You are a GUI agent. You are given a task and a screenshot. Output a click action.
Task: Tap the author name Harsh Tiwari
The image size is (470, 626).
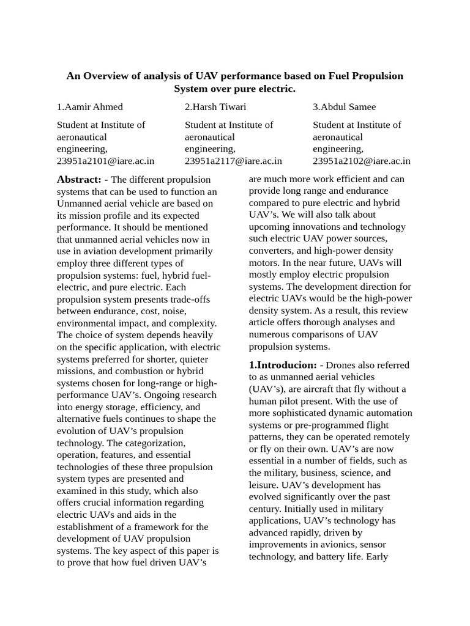pos(215,107)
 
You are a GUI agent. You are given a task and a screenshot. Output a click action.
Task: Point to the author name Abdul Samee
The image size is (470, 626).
pos(344,107)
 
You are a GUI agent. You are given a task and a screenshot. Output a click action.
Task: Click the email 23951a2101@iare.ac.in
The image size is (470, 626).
pos(105,161)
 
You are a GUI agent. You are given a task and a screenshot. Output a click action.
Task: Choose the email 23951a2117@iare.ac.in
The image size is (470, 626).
pos(233,161)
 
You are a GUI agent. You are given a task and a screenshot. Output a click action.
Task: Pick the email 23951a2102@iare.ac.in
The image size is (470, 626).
pos(361,161)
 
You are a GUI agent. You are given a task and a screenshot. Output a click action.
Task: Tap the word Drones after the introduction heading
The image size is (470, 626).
pos(341,365)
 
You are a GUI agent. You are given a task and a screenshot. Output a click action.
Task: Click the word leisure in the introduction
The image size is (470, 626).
pos(263,485)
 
